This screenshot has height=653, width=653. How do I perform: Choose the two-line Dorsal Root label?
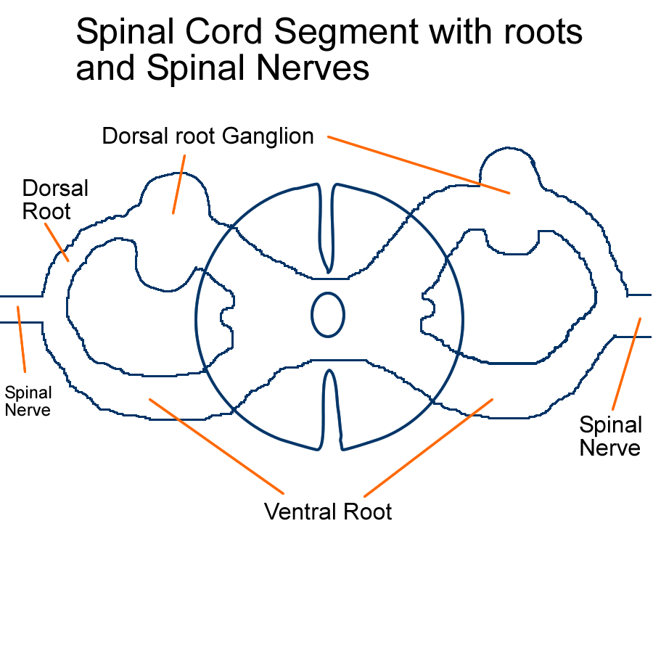tap(55, 200)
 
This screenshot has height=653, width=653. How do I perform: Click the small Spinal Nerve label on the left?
tap(28, 401)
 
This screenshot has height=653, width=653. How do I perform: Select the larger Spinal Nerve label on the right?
tap(610, 436)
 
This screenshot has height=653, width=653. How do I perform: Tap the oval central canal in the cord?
tap(328, 315)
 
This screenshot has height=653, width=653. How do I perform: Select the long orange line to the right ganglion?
tap(419, 164)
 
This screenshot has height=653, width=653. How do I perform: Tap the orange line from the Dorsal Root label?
tap(57, 242)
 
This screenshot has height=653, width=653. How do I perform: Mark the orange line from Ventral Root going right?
tap(428, 446)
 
